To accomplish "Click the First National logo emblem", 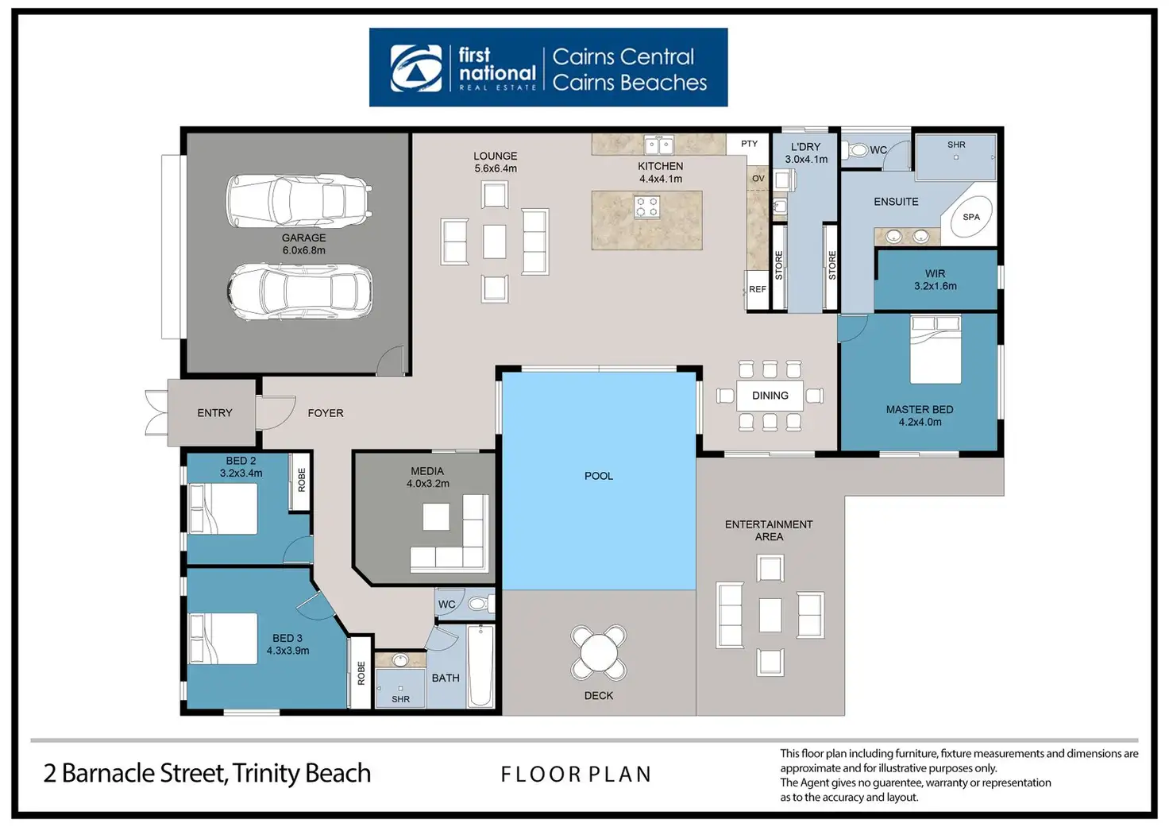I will coord(416,68).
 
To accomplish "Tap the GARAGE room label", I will coord(303,238).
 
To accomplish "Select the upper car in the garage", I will coord(299,199).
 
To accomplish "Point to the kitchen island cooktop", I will coord(646,207).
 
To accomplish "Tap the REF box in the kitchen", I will coord(757,290).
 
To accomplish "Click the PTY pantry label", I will coord(749,144).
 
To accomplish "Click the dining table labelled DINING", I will coord(770,396).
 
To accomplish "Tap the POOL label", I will coord(598,476).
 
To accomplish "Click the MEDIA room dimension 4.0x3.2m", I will coord(428,483).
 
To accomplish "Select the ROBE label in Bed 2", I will coord(302,479).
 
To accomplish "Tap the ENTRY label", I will coord(214,413).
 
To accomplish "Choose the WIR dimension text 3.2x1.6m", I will coord(935,286).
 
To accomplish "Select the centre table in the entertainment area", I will coord(770,615).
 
